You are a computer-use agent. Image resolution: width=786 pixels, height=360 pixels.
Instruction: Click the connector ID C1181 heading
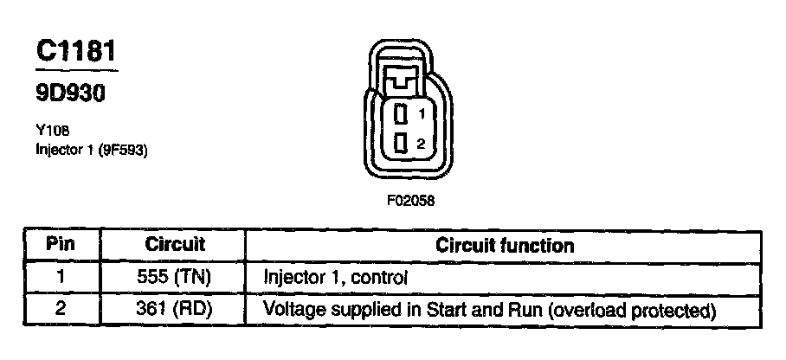(x=76, y=52)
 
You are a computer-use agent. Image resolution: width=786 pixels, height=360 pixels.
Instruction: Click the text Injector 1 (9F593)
(x=93, y=150)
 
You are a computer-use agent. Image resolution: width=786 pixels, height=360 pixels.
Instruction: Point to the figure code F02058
(x=410, y=201)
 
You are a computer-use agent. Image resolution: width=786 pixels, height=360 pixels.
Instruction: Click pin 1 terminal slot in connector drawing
(x=401, y=113)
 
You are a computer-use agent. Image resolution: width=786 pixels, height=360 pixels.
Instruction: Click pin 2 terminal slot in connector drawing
(x=401, y=144)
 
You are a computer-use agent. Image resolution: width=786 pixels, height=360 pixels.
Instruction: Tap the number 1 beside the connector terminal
(x=421, y=113)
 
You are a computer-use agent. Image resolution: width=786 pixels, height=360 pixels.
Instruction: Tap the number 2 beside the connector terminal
(x=421, y=145)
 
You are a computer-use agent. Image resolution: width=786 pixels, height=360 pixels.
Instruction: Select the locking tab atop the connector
(x=401, y=80)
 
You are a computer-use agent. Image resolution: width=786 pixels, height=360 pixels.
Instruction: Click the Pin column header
(x=61, y=245)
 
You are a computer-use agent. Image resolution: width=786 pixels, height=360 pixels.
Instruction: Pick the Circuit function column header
(x=504, y=245)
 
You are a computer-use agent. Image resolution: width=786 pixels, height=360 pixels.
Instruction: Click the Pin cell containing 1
(x=61, y=278)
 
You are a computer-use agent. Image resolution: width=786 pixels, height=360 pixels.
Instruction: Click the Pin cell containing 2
(x=61, y=309)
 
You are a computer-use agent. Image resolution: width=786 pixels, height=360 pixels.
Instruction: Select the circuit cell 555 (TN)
(x=174, y=278)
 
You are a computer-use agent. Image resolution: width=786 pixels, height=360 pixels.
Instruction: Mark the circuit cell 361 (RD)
(x=174, y=309)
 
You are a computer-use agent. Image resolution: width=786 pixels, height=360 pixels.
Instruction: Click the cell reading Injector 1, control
(x=335, y=278)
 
